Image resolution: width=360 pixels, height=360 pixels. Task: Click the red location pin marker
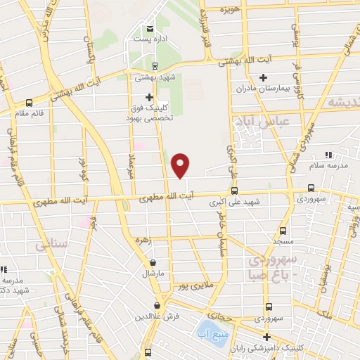pyautogui.click(x=181, y=165)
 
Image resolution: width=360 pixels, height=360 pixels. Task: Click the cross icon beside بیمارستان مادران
pyautogui.click(x=264, y=77)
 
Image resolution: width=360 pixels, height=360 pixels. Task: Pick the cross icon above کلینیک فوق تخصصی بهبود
pyautogui.click(x=149, y=97)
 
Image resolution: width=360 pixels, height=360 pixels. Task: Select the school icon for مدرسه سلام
pyautogui.click(x=328, y=155)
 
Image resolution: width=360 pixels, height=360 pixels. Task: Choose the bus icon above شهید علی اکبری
pyautogui.click(x=234, y=190)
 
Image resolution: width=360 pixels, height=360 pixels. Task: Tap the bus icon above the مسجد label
pyautogui.click(x=283, y=230)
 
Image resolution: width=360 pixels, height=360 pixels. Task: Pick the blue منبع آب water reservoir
pyautogui.click(x=208, y=328)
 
